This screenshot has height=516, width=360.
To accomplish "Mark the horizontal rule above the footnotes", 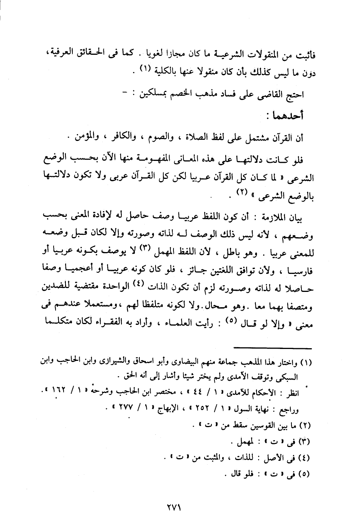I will point(274,347).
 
